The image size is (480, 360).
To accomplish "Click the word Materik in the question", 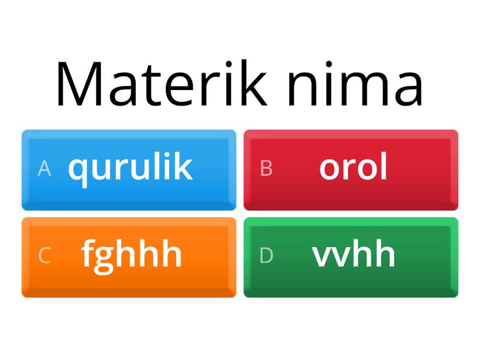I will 161,84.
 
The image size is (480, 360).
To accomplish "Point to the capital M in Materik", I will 79,84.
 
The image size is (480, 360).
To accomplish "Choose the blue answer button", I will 129,170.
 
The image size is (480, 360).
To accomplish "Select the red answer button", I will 351,170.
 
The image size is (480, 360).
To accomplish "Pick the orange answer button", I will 129,257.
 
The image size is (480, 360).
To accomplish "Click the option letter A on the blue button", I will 44,169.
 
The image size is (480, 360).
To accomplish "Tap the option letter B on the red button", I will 266,169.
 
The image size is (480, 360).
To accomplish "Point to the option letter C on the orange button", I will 44,256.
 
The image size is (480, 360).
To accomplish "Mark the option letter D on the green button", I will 266,256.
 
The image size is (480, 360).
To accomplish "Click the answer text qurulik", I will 130,167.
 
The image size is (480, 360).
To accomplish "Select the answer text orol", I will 353,167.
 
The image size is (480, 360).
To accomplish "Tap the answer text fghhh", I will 131,254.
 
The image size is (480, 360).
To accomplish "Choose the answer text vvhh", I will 353,254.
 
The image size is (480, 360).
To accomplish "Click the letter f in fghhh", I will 88,253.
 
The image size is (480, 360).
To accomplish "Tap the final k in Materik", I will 254,84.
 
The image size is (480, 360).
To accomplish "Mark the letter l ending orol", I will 383,166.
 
